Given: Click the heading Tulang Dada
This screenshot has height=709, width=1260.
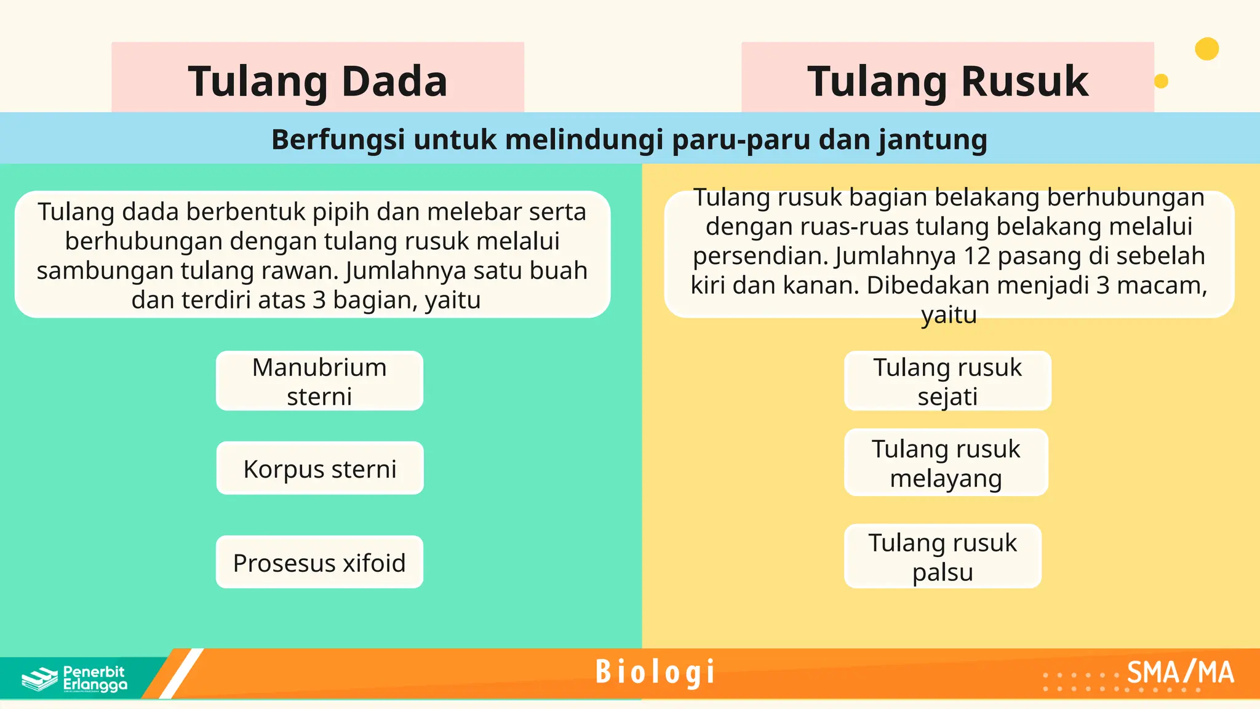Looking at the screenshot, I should [317, 81].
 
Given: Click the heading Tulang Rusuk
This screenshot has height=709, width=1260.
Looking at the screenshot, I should [947, 81].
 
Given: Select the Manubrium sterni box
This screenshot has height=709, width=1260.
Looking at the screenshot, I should [319, 381].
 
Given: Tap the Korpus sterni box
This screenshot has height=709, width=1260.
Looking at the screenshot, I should [320, 468].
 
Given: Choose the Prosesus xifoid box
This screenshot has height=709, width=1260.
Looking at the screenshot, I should [319, 563].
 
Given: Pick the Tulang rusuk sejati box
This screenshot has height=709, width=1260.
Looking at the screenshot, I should [947, 381].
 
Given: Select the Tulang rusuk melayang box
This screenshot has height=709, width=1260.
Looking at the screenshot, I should [946, 463].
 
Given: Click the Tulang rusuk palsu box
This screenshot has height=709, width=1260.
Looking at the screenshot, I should [943, 556].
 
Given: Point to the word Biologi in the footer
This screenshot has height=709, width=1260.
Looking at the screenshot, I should [656, 672].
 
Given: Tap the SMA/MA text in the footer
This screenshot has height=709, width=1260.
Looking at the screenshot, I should [1180, 673].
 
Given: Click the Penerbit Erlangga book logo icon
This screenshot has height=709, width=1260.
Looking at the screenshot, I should [39, 679].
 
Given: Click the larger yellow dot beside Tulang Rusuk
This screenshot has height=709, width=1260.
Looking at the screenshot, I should [1206, 49].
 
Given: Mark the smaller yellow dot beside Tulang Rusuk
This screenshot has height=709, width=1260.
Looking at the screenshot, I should [1161, 81].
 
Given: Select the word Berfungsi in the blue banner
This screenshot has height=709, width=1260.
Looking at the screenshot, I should [338, 140].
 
